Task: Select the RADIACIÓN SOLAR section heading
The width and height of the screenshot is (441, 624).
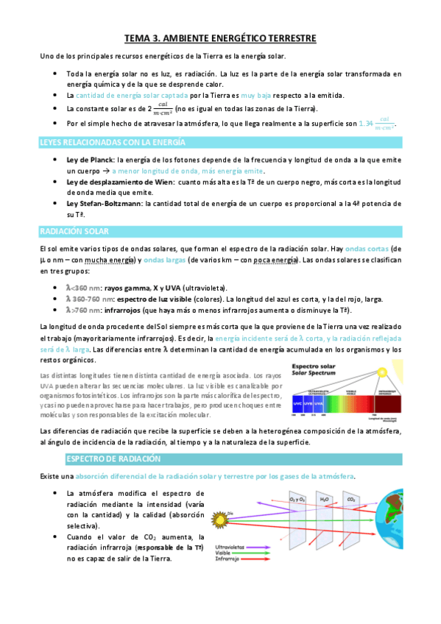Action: pos(74,232)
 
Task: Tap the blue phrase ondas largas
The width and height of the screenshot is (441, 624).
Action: pos(163,260)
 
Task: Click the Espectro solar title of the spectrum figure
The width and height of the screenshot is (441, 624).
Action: pos(316,366)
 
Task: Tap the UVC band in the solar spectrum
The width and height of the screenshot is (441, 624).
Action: pos(297,404)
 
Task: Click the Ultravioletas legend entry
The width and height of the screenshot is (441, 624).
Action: pos(230,547)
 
